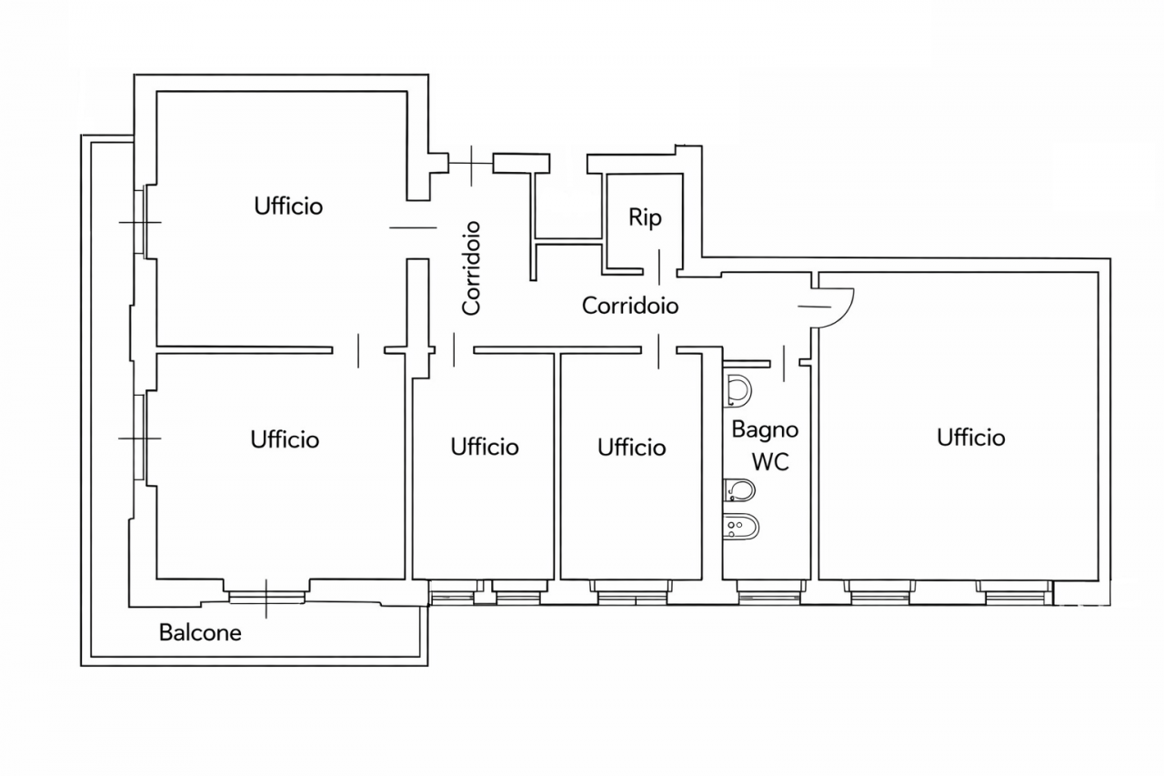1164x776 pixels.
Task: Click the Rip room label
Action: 645,218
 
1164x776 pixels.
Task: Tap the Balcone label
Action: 200,632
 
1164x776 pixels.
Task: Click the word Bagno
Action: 765,428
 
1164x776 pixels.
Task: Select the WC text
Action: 769,461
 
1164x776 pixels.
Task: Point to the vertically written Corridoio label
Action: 471,267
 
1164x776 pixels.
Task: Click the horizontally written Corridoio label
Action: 630,306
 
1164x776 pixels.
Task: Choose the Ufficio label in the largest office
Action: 971,438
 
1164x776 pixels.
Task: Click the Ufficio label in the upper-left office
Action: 288,206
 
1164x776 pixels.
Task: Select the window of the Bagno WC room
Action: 770,597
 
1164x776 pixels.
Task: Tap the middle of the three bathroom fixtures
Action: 740,491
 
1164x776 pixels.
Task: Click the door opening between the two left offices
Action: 359,350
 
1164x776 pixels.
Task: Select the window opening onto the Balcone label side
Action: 266,597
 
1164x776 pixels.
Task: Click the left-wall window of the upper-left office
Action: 141,222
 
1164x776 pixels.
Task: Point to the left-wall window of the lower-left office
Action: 140,438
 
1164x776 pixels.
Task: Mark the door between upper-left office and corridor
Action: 413,228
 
